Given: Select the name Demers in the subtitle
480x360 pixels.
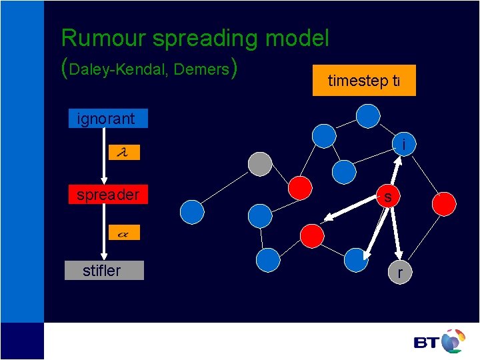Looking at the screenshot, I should (x=202, y=69).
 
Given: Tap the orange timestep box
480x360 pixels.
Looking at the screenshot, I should (x=364, y=81).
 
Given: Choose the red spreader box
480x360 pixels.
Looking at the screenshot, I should (x=107, y=195).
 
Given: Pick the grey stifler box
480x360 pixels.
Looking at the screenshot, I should (x=104, y=270).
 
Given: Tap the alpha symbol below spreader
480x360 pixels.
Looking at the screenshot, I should (x=123, y=234).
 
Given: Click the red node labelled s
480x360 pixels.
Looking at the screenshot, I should (x=387, y=196).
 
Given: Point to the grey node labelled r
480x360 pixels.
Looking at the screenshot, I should (x=399, y=273).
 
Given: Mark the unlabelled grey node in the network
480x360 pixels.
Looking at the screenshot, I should (x=260, y=164).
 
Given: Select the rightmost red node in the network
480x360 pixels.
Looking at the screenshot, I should (x=445, y=203).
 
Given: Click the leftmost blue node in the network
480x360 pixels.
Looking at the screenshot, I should (x=192, y=211).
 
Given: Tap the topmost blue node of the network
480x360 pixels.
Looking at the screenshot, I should (x=367, y=116).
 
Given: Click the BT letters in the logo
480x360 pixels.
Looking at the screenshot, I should (x=426, y=343).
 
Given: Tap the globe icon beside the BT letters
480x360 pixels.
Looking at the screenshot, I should (x=453, y=340).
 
